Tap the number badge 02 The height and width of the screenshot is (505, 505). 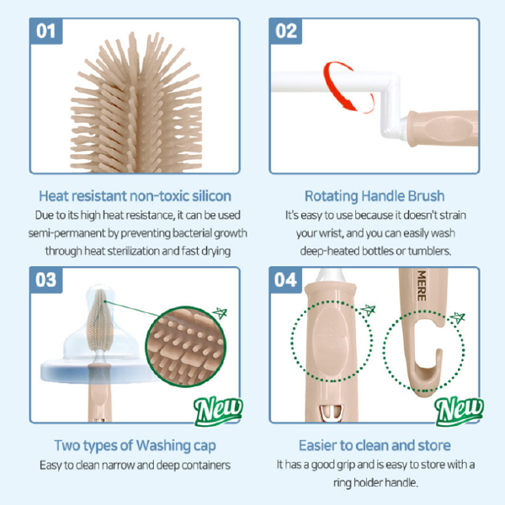[287, 32]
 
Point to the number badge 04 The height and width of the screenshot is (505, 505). [287, 280]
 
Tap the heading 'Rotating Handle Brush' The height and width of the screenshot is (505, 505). [374, 195]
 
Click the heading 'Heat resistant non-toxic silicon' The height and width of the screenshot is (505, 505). [135, 195]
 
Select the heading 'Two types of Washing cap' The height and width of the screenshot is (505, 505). [135, 444]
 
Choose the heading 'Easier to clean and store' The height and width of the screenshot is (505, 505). [374, 444]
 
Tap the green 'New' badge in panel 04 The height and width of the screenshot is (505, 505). [459, 409]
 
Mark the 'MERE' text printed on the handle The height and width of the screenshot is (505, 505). [414, 283]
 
